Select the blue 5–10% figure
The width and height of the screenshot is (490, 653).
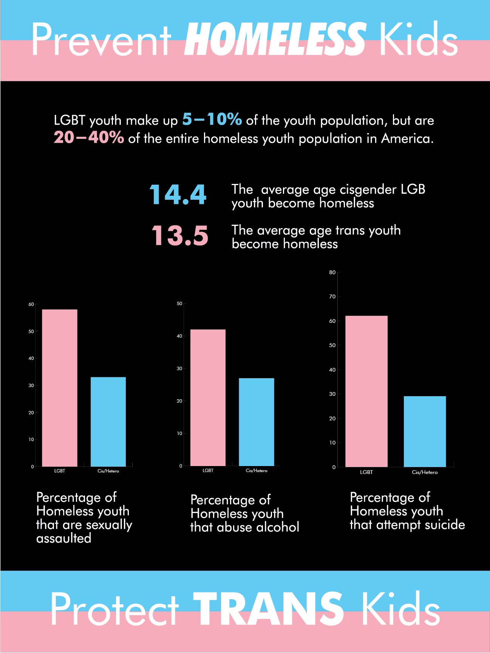pos(212,119)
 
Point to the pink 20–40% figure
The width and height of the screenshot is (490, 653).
pos(89,137)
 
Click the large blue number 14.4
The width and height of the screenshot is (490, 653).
pos(178,195)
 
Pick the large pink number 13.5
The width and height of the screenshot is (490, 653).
pos(180,236)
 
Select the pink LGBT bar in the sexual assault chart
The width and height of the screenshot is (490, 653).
pos(60,388)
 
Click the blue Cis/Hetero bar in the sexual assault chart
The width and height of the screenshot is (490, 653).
pos(108,421)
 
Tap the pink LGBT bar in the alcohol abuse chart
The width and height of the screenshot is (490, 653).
pos(208,397)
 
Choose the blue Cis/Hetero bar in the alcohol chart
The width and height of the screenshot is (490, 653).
pos(257,422)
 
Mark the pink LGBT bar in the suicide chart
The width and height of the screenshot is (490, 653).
pos(366,391)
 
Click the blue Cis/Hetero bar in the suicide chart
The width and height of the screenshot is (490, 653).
pos(425,431)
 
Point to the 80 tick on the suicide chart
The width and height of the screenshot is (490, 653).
pos(332,272)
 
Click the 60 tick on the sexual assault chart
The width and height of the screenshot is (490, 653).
pos(31,304)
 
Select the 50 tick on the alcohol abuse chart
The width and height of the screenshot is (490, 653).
pos(179,304)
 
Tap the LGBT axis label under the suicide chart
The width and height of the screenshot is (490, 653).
pos(366,472)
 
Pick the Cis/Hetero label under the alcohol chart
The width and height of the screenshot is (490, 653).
pos(257,471)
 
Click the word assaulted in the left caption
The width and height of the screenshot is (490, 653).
pos(64,538)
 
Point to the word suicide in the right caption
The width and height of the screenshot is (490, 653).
pos(444,525)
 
